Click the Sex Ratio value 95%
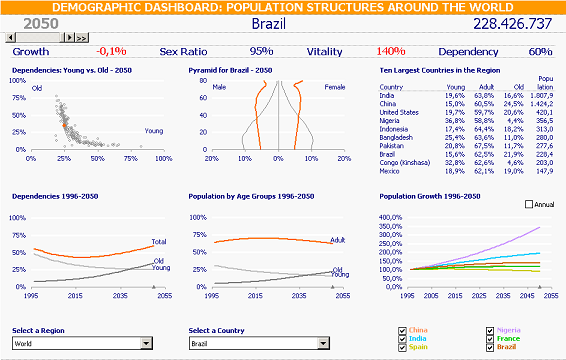(261, 51)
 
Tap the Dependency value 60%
(540, 51)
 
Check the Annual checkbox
(529, 204)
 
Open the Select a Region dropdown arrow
(147, 344)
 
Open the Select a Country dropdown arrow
(322, 344)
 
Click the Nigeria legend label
(509, 330)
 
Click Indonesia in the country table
(398, 129)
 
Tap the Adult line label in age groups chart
(339, 240)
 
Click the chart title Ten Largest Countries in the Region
(441, 71)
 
